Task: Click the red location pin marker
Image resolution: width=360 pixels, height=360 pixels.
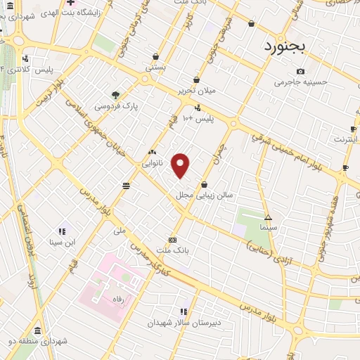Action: [x=181, y=165]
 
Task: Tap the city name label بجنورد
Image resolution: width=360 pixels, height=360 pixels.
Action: [x=286, y=47]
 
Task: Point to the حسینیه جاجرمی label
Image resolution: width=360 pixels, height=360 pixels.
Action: [x=301, y=82]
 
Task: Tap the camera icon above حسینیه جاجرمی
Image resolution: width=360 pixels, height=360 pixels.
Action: [x=301, y=71]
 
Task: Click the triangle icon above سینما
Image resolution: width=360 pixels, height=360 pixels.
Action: [x=268, y=217]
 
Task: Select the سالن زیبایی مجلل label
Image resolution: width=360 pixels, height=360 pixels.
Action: [x=223, y=196]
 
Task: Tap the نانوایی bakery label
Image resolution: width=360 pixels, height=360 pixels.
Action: [x=152, y=163]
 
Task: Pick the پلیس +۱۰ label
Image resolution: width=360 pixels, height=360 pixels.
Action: [x=198, y=120]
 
